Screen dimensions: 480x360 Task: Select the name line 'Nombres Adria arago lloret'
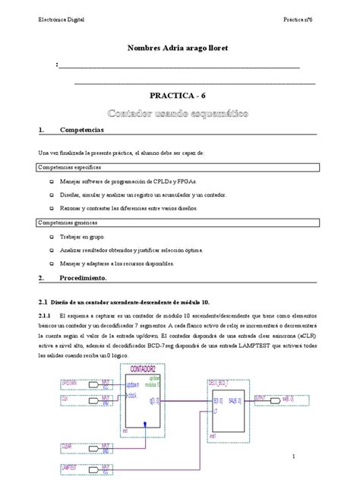pos(181,49)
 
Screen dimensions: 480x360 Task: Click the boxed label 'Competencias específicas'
pos(70,167)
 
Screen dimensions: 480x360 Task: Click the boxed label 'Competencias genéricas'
pos(68,223)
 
